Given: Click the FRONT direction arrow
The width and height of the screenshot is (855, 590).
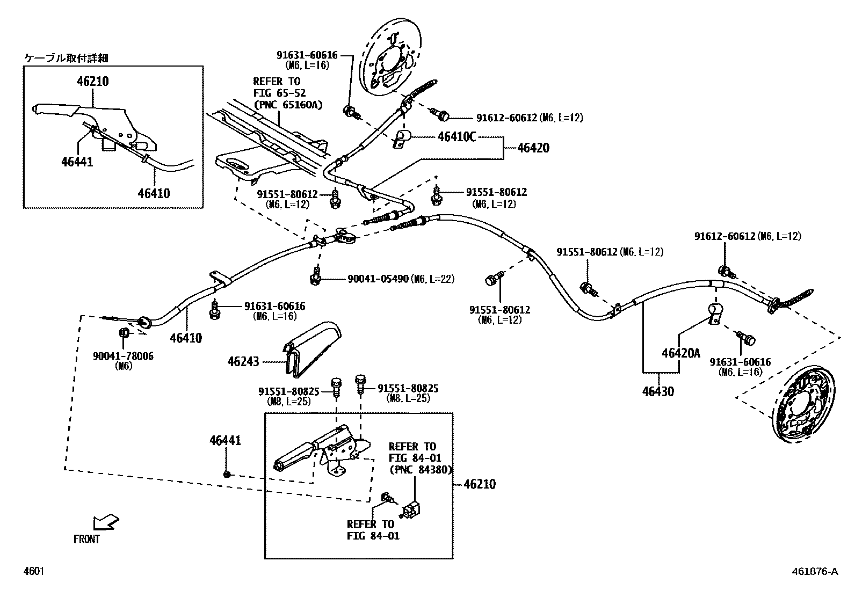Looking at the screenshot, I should [105, 522].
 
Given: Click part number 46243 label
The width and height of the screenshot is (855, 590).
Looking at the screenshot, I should [243, 361].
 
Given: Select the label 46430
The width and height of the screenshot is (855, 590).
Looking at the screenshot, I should [657, 391].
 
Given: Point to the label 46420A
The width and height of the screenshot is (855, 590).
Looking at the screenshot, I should [681, 353].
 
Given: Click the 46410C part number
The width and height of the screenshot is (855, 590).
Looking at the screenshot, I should [457, 137].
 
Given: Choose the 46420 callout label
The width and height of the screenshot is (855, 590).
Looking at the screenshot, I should [533, 148].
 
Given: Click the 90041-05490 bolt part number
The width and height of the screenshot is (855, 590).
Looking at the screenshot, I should [378, 279].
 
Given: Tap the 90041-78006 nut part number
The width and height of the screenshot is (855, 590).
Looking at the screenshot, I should [123, 356].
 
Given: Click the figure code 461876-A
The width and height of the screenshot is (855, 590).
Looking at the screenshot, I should [814, 571].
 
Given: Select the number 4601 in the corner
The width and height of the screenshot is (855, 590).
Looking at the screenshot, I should [33, 571].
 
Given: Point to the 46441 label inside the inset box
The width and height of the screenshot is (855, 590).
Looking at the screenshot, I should [77, 161].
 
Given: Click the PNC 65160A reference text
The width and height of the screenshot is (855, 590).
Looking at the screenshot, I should [288, 105].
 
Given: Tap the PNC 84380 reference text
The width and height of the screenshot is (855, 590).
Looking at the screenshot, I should [420, 469].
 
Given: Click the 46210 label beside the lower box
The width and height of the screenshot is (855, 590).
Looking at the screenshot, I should [479, 484].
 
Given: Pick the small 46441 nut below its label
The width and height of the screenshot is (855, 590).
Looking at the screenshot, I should [227, 475].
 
